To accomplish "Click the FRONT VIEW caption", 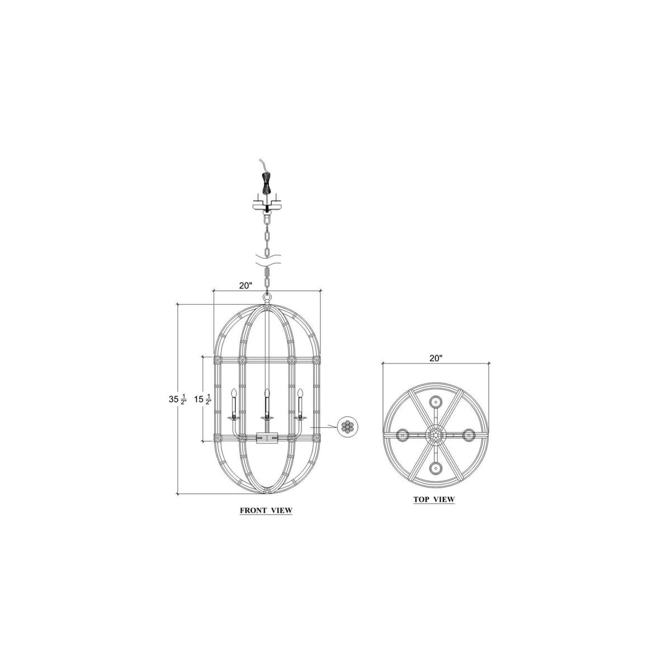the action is (266, 511).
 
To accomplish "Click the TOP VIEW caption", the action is (434, 499).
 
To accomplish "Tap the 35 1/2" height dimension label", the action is (178, 400).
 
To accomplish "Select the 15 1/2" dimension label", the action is (203, 400).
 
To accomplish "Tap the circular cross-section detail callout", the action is (347, 427).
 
